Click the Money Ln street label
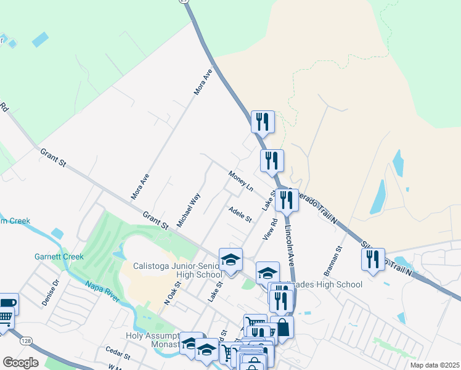pos(241,181)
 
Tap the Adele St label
pos(240,215)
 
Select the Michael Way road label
pos(189,210)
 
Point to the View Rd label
pos(270,228)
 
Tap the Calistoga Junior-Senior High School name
pos(177,270)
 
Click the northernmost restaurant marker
pos(263,121)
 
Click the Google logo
pos(20,362)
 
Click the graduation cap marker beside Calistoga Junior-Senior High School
pos(230,260)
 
